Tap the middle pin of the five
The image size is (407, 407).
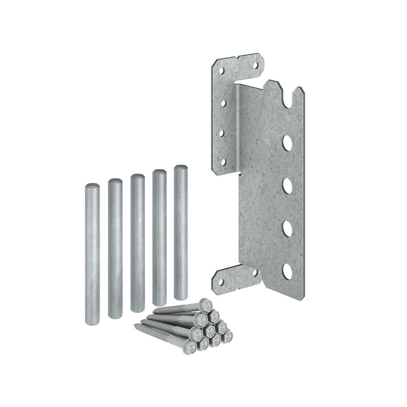click(x=137, y=243)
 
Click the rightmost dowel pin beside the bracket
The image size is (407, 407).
click(x=181, y=232)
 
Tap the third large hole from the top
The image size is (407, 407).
click(x=287, y=228)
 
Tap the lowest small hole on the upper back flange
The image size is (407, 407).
click(x=223, y=162)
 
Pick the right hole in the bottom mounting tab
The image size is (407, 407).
click(x=253, y=273)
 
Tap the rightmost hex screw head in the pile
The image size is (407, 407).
click(x=230, y=337)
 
